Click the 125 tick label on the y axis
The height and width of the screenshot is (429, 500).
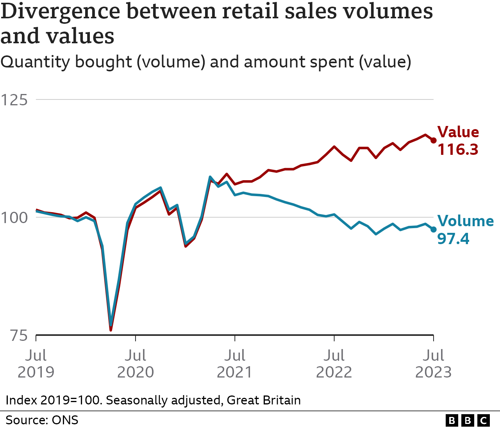pyautogui.click(x=14, y=100)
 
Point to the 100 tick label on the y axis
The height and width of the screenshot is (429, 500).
pyautogui.click(x=14, y=218)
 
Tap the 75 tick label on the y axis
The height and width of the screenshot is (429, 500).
pyautogui.click(x=19, y=335)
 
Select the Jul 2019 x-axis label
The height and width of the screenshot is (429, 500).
pyautogui.click(x=36, y=363)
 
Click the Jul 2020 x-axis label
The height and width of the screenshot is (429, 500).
pyautogui.click(x=136, y=363)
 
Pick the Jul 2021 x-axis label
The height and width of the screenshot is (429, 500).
pyautogui.click(x=235, y=363)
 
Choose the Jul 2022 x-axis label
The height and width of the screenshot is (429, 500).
pyautogui.click(x=334, y=363)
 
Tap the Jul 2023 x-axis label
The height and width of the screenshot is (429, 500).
pyautogui.click(x=433, y=363)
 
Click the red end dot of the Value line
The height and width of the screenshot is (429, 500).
pyautogui.click(x=433, y=140)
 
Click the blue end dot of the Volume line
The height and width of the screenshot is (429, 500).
pyautogui.click(x=433, y=229)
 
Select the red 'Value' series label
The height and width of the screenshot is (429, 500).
pyautogui.click(x=458, y=132)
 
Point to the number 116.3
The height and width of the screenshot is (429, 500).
pyautogui.click(x=458, y=149)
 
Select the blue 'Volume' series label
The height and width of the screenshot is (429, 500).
pyautogui.click(x=465, y=221)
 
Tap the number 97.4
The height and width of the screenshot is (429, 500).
pyautogui.click(x=453, y=238)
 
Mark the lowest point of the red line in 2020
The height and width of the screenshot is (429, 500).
pyautogui.click(x=111, y=330)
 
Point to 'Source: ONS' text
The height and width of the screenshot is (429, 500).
pyautogui.click(x=42, y=420)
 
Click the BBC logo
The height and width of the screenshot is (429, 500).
pyautogui.click(x=468, y=420)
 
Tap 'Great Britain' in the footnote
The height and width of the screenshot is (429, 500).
pyautogui.click(x=264, y=400)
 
